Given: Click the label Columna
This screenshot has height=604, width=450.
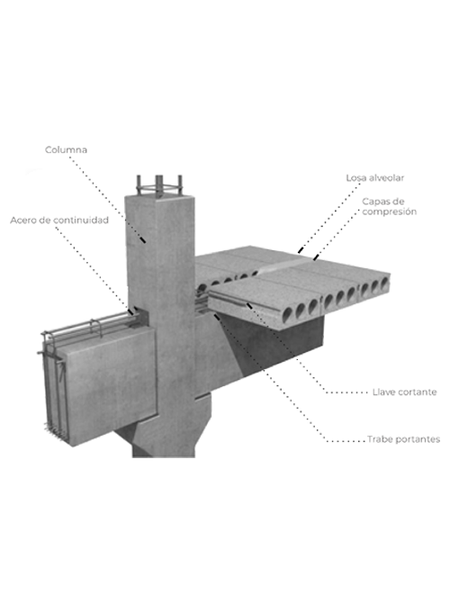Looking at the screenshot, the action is pos(66,149).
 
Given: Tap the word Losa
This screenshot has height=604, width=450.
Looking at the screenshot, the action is pos(356,178).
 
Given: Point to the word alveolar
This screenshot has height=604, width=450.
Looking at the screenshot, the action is pos(386,178).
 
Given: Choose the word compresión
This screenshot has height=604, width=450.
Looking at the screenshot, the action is pos(389,212).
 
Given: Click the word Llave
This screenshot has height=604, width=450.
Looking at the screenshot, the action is pos(383,392).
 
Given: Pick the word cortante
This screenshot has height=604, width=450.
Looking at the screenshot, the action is pos(418,392).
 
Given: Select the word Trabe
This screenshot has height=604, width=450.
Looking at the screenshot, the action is pos(379,439).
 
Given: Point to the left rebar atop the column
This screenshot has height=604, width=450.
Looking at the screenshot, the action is pos(139,185).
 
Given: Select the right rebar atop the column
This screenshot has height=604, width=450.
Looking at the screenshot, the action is pos(179,185).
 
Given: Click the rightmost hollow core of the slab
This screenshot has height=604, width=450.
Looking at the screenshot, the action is pos(384,284).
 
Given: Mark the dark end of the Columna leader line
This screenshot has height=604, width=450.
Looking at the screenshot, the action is pos(142,239).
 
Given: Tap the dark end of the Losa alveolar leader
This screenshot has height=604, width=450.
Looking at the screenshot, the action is pos(301,249).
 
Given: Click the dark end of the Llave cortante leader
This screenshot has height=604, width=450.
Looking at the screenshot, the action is pos(249,306).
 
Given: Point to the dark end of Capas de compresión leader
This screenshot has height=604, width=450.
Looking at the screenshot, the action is pos(316,257).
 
